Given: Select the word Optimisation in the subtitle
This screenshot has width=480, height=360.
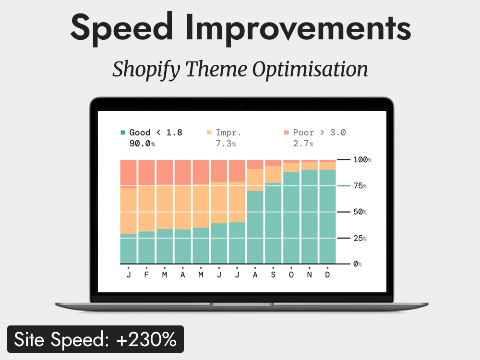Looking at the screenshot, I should click(x=310, y=70).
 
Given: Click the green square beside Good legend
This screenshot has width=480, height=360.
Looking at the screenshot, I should click(x=123, y=132).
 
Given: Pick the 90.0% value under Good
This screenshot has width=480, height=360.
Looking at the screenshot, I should click(x=142, y=144).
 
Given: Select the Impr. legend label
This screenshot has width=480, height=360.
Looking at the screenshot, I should click(x=228, y=132).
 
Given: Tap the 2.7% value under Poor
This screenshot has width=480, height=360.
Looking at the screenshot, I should click(x=303, y=144).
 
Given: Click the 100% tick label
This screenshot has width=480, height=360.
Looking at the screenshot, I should click(x=362, y=159).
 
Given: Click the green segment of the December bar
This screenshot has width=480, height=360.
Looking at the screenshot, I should click(x=327, y=216).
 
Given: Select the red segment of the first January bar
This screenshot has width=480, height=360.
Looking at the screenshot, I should click(x=128, y=173).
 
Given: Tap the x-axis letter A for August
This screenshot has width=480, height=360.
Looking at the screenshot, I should click(x=255, y=274).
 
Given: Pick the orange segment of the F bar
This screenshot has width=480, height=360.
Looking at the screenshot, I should click(x=146, y=209).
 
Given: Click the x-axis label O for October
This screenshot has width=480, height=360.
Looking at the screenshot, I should click(x=291, y=274).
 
